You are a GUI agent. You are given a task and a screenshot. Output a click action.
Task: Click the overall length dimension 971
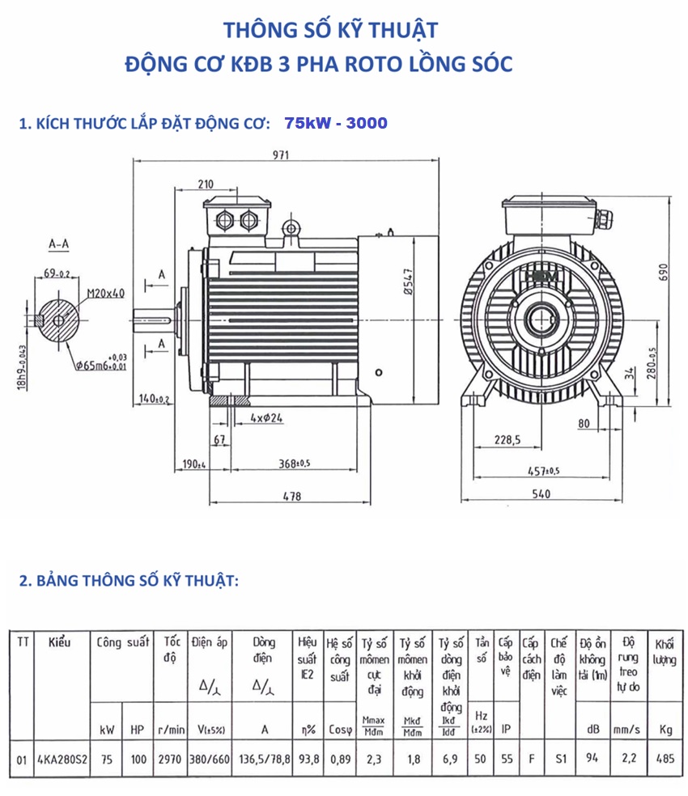coord(280,156)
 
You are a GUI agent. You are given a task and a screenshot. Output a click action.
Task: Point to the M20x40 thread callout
coord(105,293)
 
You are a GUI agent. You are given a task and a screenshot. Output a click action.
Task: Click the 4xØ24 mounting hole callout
coord(265,418)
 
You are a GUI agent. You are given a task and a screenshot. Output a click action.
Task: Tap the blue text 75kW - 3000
coord(336,124)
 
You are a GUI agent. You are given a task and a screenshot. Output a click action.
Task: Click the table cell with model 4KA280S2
coord(63,760)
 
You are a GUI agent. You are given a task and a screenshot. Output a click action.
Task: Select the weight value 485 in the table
coord(665,760)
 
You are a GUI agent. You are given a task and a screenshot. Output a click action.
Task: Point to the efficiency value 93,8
coord(308,760)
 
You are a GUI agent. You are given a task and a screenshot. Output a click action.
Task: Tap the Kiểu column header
coord(59,643)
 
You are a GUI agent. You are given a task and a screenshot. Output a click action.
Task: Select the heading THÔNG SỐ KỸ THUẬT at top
coord(330,30)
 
